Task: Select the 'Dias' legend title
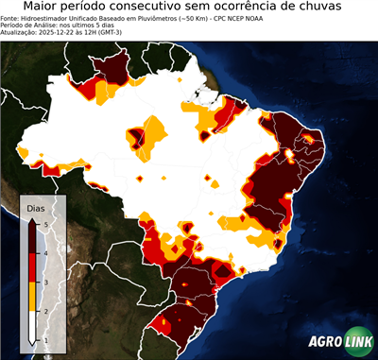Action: [36, 207]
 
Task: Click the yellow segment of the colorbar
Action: [35, 296]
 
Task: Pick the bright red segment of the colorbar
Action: [35, 266]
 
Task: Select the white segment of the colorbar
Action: [35, 326]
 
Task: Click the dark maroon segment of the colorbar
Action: [35, 237]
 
